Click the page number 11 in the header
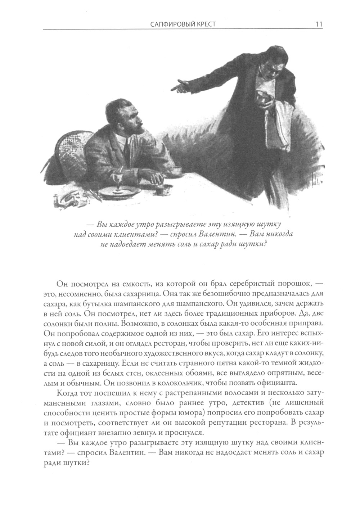(x=318, y=24)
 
